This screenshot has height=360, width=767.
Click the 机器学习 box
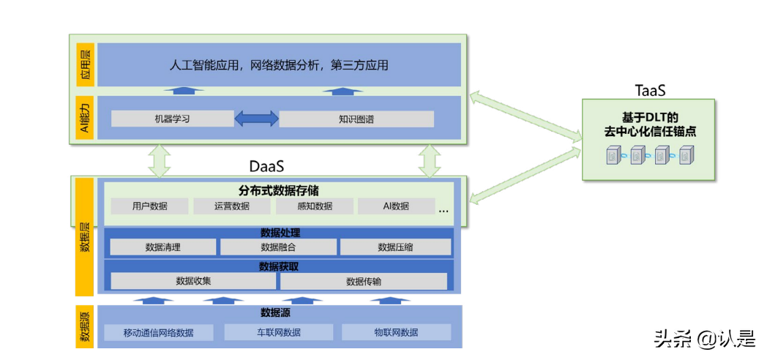(172, 119)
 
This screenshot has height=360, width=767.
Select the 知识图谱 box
(356, 119)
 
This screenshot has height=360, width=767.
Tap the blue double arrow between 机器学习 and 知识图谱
(256, 119)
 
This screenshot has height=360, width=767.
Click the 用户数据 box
(149, 206)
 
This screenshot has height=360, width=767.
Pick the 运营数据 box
(232, 206)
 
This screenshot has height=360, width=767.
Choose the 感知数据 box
(315, 206)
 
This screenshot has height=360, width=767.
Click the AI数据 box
(396, 206)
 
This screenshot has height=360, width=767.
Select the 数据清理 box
(163, 247)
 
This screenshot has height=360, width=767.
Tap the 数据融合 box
(278, 247)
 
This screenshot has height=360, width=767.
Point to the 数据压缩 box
(395, 247)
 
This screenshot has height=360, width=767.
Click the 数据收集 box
(194, 281)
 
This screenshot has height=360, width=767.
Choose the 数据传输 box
(364, 281)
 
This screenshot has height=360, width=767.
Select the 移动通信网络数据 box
(159, 332)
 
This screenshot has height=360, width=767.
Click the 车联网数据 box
(278, 332)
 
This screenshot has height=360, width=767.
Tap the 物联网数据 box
(396, 332)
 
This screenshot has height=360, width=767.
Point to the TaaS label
(649, 90)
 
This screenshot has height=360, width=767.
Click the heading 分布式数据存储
(278, 190)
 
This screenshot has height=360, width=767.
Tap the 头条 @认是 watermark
(704, 338)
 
